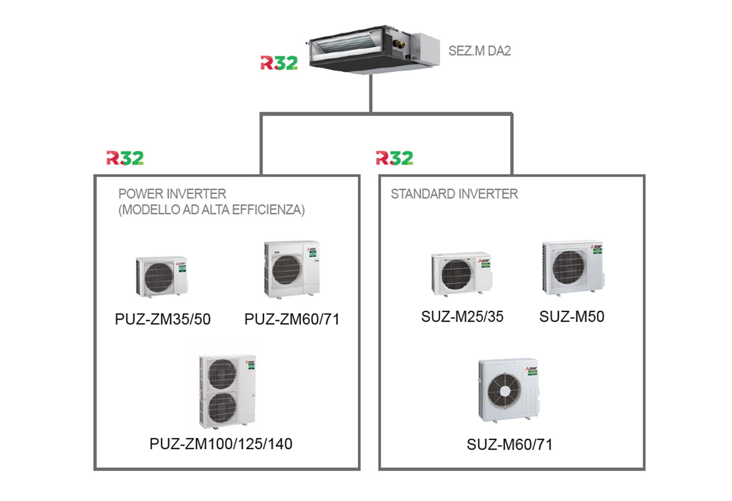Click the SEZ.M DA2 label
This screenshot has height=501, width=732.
479,51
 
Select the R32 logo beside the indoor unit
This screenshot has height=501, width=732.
279,63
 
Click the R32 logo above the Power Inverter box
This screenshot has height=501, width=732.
125,158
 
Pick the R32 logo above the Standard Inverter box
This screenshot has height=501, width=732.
394,158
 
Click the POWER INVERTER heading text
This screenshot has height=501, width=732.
172,194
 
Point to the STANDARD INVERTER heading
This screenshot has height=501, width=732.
454,194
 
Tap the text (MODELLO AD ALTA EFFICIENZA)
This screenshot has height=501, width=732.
212,210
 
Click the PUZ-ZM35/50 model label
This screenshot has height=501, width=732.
163,319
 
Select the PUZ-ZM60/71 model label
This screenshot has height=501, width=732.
292,319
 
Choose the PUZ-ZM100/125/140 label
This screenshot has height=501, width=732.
221,444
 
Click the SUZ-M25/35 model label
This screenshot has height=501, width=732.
462,316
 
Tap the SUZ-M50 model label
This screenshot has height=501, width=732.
572,316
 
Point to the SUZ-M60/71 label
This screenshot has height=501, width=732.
509,444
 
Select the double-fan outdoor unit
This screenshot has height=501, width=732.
227,391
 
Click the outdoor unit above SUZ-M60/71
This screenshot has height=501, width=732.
509,390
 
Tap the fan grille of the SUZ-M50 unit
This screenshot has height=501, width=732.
569,267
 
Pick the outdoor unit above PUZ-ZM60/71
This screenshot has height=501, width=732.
292,269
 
